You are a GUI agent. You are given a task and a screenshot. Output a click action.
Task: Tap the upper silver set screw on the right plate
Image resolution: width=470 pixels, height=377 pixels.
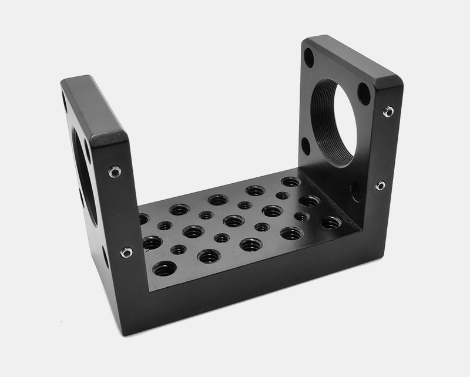[x=388, y=110]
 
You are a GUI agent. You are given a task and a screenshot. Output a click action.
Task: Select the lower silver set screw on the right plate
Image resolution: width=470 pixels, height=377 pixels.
[x=381, y=186]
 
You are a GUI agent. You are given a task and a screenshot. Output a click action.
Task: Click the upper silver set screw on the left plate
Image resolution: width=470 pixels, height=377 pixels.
[x=115, y=171]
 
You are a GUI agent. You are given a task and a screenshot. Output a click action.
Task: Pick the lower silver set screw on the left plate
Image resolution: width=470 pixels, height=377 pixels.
[x=126, y=253]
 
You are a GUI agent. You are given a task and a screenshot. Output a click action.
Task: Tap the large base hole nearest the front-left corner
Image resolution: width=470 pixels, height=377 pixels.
[x=164, y=269]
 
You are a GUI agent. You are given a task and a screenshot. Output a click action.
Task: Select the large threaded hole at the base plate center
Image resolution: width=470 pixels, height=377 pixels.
[x=234, y=221]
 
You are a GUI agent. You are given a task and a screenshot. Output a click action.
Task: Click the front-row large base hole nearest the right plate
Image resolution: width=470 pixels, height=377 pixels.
[x=331, y=223]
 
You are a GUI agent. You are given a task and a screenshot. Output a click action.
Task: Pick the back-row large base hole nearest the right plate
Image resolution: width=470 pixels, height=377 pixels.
[x=290, y=181]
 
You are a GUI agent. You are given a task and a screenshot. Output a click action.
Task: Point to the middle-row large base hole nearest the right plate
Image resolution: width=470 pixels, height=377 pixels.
[x=308, y=201]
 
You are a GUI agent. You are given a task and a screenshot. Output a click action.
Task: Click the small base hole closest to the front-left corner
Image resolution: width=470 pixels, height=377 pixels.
[x=178, y=250]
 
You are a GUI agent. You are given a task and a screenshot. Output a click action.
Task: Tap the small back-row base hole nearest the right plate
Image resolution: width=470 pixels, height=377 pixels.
[x=283, y=196]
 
